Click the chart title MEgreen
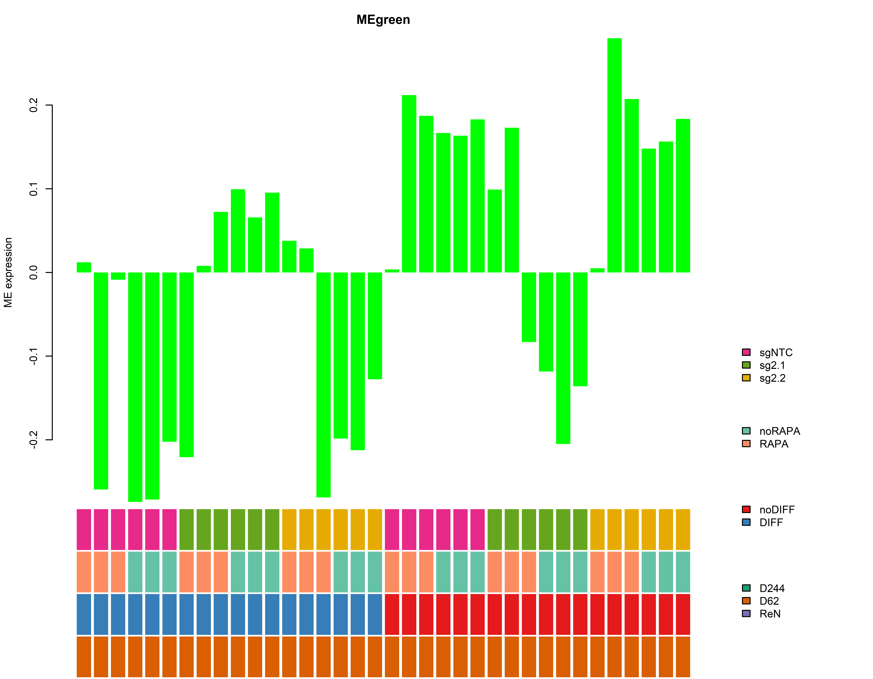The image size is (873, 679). [x=383, y=20]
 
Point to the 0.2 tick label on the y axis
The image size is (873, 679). [x=34, y=105]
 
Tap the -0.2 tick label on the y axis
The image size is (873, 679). [x=34, y=440]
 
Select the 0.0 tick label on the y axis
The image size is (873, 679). [x=34, y=273]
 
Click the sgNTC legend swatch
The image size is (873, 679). [x=746, y=352]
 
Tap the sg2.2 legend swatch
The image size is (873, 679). [x=746, y=378]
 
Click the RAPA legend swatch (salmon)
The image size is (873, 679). [x=746, y=444]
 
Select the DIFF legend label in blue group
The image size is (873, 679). [x=771, y=522]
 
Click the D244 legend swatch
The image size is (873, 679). [x=746, y=588]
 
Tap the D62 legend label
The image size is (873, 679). [x=769, y=601]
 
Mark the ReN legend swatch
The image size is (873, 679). [x=746, y=613]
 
